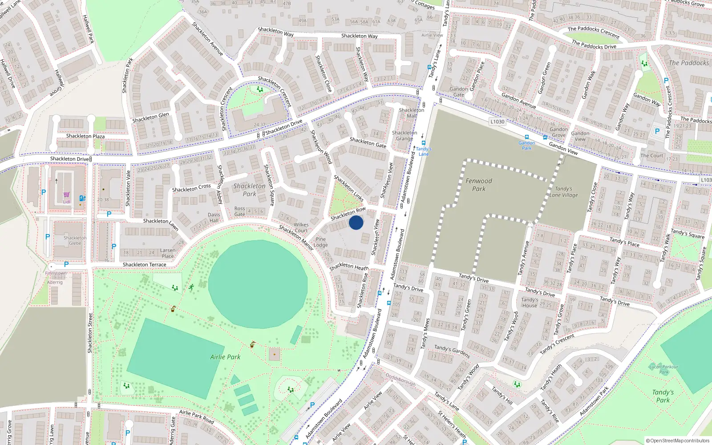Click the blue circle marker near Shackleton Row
pyautogui.click(x=356, y=222)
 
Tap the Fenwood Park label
pyautogui.click(x=479, y=185)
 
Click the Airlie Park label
pyautogui.click(x=225, y=357)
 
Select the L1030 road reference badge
pyautogui.click(x=498, y=121)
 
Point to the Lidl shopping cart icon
pyautogui.click(x=66, y=194)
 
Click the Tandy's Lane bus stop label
pyautogui.click(x=424, y=151)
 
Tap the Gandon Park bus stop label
pyautogui.click(x=526, y=146)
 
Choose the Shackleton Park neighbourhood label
pyautogui.click(x=249, y=190)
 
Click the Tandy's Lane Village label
pyautogui.click(x=563, y=192)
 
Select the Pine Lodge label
pyautogui.click(x=320, y=242)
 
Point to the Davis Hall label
pyautogui.click(x=214, y=217)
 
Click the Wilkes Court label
pyautogui.click(x=301, y=227)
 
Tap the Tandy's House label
pyautogui.click(x=530, y=303)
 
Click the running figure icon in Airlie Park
pyautogui.click(x=191, y=287)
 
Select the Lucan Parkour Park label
pyautogui.click(x=664, y=369)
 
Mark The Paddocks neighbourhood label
pyautogui.click(x=689, y=63)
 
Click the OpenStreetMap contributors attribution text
pyautogui.click(x=678, y=441)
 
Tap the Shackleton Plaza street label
pyautogui.click(x=85, y=136)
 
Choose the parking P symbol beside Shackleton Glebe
pyautogui.click(x=48, y=237)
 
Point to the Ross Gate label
pyautogui.click(x=240, y=211)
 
